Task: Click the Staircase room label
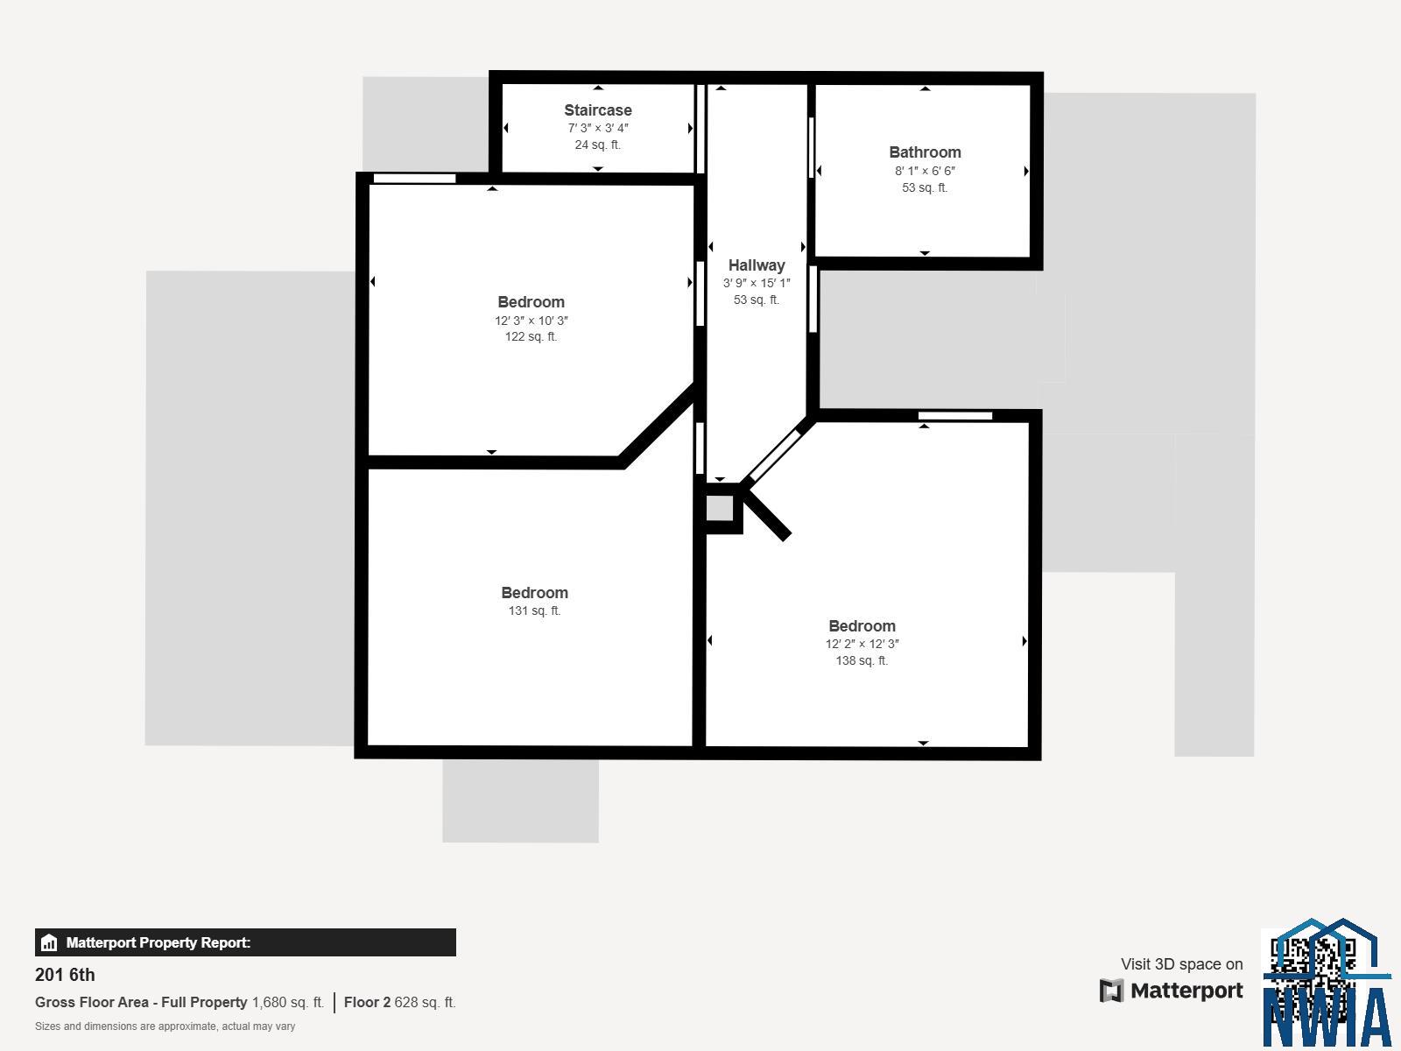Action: (x=597, y=109)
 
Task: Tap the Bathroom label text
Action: (x=925, y=152)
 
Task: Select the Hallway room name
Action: (x=757, y=265)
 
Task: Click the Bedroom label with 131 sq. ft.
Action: (x=534, y=593)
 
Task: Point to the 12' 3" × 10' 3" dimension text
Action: (x=531, y=321)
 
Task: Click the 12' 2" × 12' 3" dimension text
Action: (x=862, y=644)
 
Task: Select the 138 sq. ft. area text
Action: (x=862, y=660)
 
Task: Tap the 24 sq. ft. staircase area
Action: (x=597, y=145)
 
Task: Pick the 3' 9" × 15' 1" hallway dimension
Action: (x=757, y=283)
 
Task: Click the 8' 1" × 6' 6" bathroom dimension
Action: (x=925, y=171)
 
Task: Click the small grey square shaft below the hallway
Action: (x=720, y=509)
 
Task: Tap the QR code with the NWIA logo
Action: (x=1327, y=984)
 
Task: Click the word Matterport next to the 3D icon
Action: (x=1186, y=991)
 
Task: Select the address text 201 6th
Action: (x=65, y=975)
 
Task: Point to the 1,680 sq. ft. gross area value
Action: (x=288, y=1002)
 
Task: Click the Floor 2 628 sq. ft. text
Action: (x=399, y=1002)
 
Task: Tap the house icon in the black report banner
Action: (x=49, y=942)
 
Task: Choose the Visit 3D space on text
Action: (x=1181, y=963)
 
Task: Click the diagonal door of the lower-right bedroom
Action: (x=774, y=455)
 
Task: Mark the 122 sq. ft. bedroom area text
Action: (x=531, y=336)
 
